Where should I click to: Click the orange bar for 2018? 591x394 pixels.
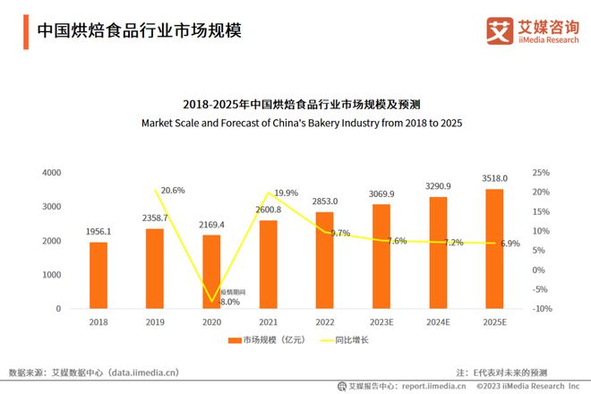[98, 275]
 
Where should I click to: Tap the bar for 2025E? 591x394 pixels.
[494, 248]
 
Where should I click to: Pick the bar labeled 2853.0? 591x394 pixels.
[324, 260]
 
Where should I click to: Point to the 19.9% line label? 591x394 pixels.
[286, 193]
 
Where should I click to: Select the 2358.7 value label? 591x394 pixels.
[155, 218]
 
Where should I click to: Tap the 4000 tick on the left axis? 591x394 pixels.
[52, 172]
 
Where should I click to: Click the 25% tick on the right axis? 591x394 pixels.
[541, 172]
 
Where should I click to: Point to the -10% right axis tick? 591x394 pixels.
[541, 309]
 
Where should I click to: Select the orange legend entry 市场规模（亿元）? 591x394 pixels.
[262, 340]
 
